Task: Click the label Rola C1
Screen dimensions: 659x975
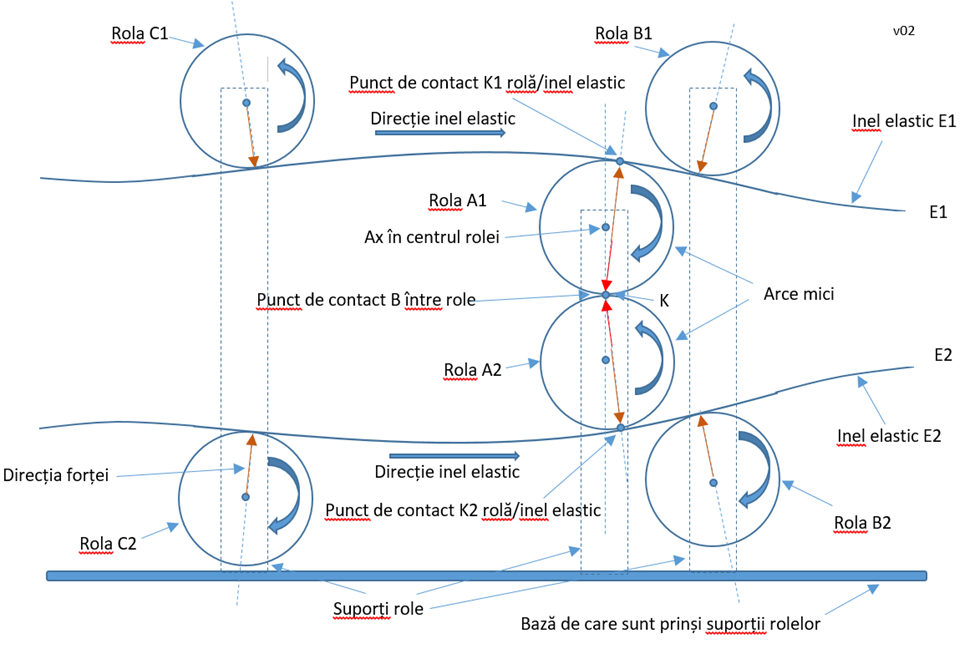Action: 139,33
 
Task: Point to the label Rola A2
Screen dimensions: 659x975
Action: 473,369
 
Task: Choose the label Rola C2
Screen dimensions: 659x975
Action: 107,543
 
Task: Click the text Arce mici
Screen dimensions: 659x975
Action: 799,295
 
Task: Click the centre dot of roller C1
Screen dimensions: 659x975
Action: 246,103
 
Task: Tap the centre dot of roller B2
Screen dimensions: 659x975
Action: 713,484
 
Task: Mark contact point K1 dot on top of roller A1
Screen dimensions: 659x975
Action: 620,161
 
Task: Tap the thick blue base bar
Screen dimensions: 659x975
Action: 486,576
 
